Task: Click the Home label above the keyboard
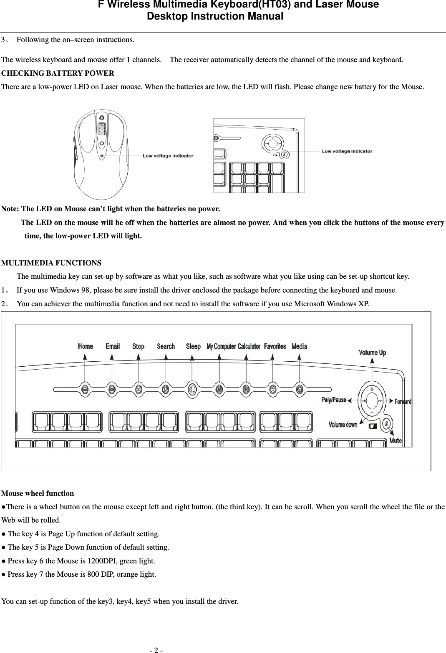click(x=86, y=346)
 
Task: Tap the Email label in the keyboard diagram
click(x=112, y=346)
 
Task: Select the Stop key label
click(x=138, y=346)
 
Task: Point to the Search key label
click(x=166, y=346)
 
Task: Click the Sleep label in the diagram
click(x=193, y=346)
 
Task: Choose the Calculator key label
click(x=249, y=346)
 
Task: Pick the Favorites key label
click(x=275, y=346)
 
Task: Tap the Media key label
click(x=299, y=346)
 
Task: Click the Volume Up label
click(x=372, y=353)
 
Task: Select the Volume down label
click(x=343, y=425)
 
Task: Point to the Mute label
click(x=396, y=440)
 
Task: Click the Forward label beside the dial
click(x=403, y=402)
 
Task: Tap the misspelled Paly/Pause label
click(x=333, y=400)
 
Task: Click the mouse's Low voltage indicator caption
click(x=168, y=156)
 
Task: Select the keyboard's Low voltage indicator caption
click(x=347, y=151)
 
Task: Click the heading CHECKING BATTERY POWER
click(x=58, y=74)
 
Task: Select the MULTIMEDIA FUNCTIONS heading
click(x=51, y=263)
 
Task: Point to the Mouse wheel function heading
click(x=38, y=493)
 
